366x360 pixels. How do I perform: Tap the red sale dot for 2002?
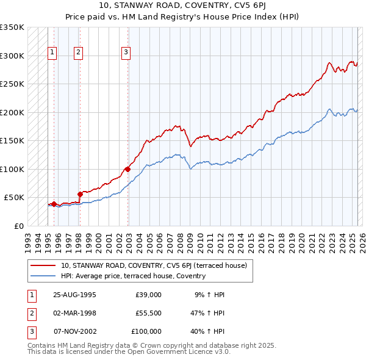127,169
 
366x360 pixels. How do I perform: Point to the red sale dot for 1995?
54,204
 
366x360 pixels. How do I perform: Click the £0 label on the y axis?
20,226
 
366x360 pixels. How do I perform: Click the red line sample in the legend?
43,265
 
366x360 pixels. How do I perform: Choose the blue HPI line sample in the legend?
43,276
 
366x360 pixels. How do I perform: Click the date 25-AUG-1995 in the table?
74,295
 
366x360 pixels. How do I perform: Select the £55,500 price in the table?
148,313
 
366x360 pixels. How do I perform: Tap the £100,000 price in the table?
146,331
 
